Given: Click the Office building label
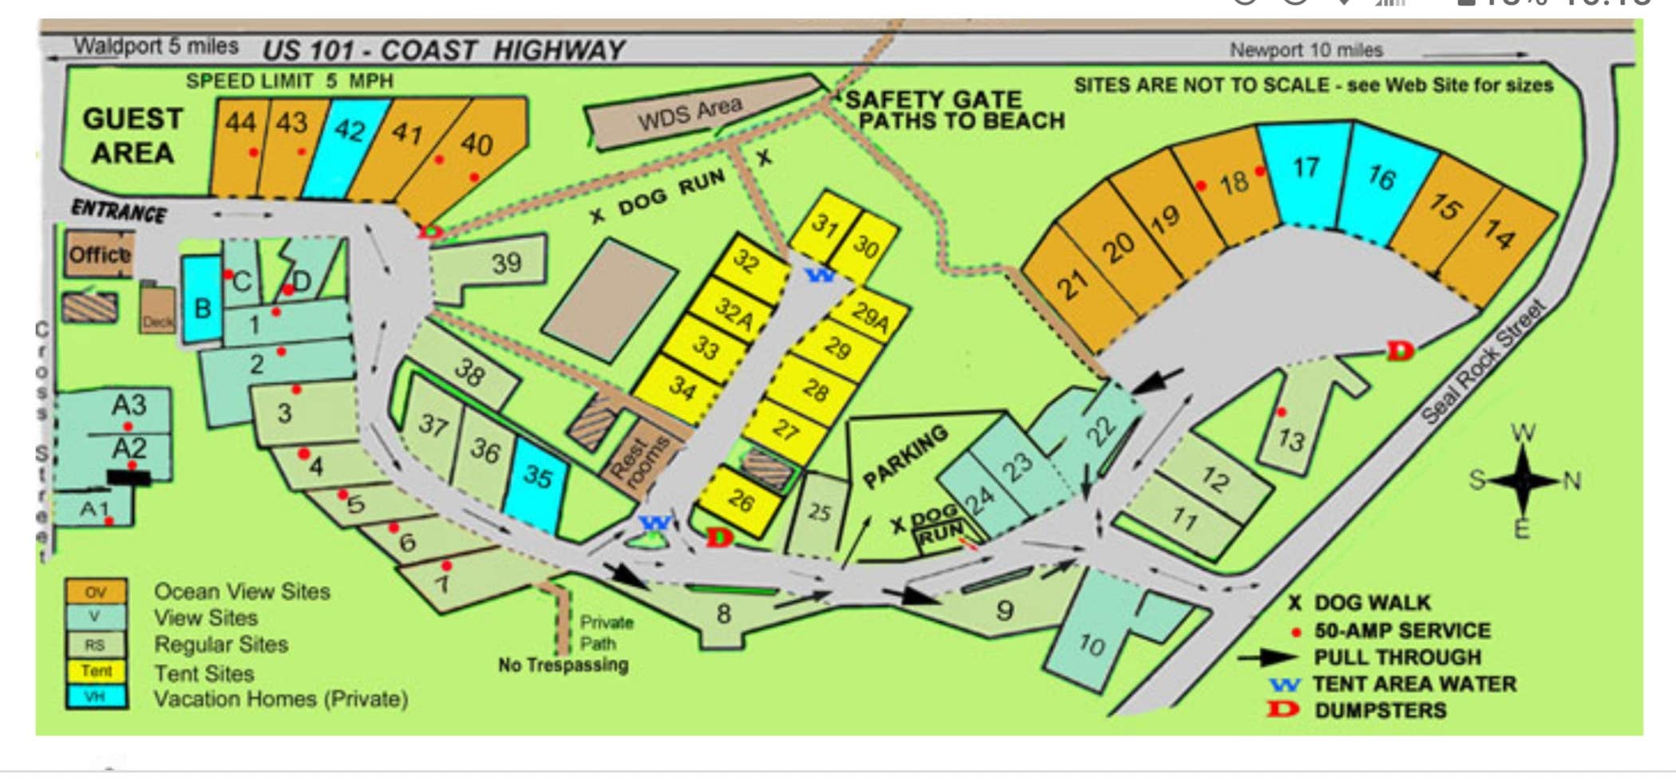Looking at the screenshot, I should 99,255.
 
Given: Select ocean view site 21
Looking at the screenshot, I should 1073,283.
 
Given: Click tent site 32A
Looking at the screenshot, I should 733,312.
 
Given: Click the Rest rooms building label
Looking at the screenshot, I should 638,462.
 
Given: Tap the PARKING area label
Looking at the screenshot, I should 906,455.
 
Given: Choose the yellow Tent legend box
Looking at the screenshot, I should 96,671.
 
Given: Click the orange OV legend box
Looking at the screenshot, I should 96,592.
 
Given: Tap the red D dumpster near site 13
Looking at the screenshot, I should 1400,350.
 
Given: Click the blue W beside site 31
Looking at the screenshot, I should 820,276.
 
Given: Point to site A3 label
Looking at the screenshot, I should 128,405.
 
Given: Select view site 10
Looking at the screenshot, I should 1090,643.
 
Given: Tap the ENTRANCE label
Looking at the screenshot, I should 119,211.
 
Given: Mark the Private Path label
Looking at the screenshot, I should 606,633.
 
